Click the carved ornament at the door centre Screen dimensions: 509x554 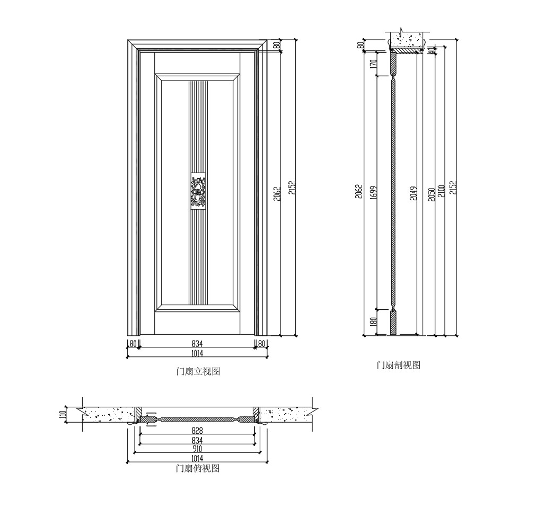pyautogui.click(x=198, y=191)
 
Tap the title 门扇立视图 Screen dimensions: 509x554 pyautogui.click(x=198, y=372)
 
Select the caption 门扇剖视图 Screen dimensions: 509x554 pyautogui.click(x=398, y=365)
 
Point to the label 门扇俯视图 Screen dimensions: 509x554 pyautogui.click(x=198, y=469)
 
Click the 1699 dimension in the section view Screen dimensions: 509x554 pyautogui.click(x=373, y=192)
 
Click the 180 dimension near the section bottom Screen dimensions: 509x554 pyautogui.click(x=373, y=322)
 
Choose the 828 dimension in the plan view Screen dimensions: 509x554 pyautogui.click(x=197, y=431)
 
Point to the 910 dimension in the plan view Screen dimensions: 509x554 pyautogui.click(x=197, y=449)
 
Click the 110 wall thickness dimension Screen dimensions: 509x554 pyautogui.click(x=62, y=415)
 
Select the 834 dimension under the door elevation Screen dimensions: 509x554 pyautogui.click(x=197, y=344)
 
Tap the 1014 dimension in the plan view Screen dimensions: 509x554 pyautogui.click(x=197, y=458)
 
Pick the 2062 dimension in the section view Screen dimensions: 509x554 pyautogui.click(x=359, y=192)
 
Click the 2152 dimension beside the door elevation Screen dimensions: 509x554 pyautogui.click(x=292, y=188)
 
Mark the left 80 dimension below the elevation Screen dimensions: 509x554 pyautogui.click(x=133, y=344)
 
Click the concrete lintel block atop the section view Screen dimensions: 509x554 pyautogui.click(x=408, y=39)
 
